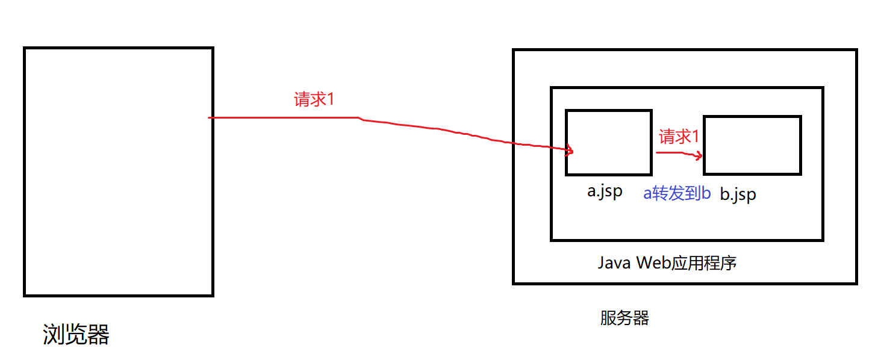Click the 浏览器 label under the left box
coord(76,335)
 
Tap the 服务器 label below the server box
coord(624,318)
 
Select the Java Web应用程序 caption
coord(667,263)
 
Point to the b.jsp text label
coord(738,195)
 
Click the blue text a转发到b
coord(677,193)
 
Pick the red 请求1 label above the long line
coord(313,99)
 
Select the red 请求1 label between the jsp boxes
coord(679,137)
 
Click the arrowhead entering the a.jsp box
coord(569,151)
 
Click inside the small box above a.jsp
coord(608,142)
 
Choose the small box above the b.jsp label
coord(752,145)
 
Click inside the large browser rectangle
coord(119,172)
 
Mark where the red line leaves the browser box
coord(211,117)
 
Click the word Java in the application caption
coord(614,263)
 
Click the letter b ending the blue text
coord(706,193)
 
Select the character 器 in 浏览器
coord(98,335)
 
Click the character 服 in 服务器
coord(608,318)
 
